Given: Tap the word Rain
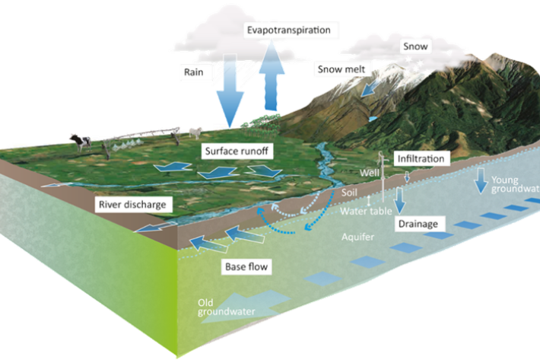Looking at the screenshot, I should coord(191,73).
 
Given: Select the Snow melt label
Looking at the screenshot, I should coord(341,69).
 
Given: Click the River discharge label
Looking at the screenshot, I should coord(132,204).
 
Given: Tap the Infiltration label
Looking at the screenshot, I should coord(419,159).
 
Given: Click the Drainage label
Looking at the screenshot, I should coord(419,225).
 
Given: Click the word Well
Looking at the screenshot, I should coord(369,173).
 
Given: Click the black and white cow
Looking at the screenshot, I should coord(78,141).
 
